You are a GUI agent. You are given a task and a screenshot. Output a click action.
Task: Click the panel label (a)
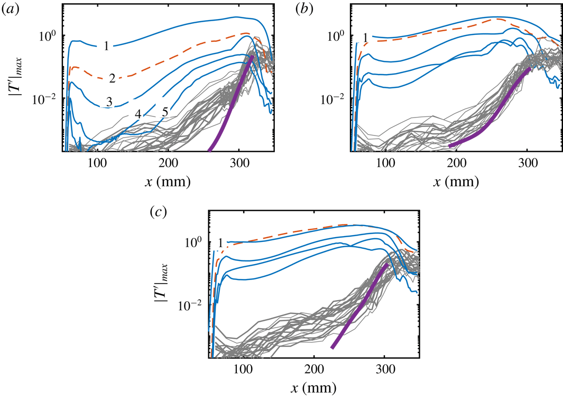tap(11, 9)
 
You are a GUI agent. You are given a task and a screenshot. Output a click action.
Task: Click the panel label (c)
tap(158, 213)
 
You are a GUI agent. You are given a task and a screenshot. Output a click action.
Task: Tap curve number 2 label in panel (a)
tap(112, 78)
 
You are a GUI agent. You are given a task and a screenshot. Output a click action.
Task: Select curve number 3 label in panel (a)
tap(108, 102)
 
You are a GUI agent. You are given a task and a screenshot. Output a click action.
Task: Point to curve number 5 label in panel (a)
tap(164, 113)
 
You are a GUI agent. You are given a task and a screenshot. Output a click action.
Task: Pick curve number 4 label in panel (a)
tap(137, 114)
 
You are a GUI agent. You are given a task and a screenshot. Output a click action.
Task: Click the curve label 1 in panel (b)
tap(365, 37)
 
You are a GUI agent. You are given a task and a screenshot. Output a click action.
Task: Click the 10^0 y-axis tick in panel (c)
tap(197, 242)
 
